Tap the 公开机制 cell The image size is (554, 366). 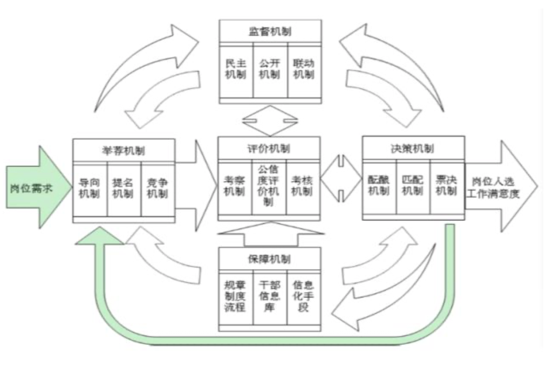[270, 69]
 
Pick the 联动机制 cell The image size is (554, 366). [304, 69]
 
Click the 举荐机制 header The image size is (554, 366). [124, 151]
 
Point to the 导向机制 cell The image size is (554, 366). [89, 189]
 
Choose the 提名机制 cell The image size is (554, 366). [124, 189]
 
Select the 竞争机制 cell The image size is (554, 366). [157, 189]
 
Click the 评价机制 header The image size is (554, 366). [269, 148]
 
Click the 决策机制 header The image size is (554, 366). [413, 148]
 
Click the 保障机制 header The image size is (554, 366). [269, 259]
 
